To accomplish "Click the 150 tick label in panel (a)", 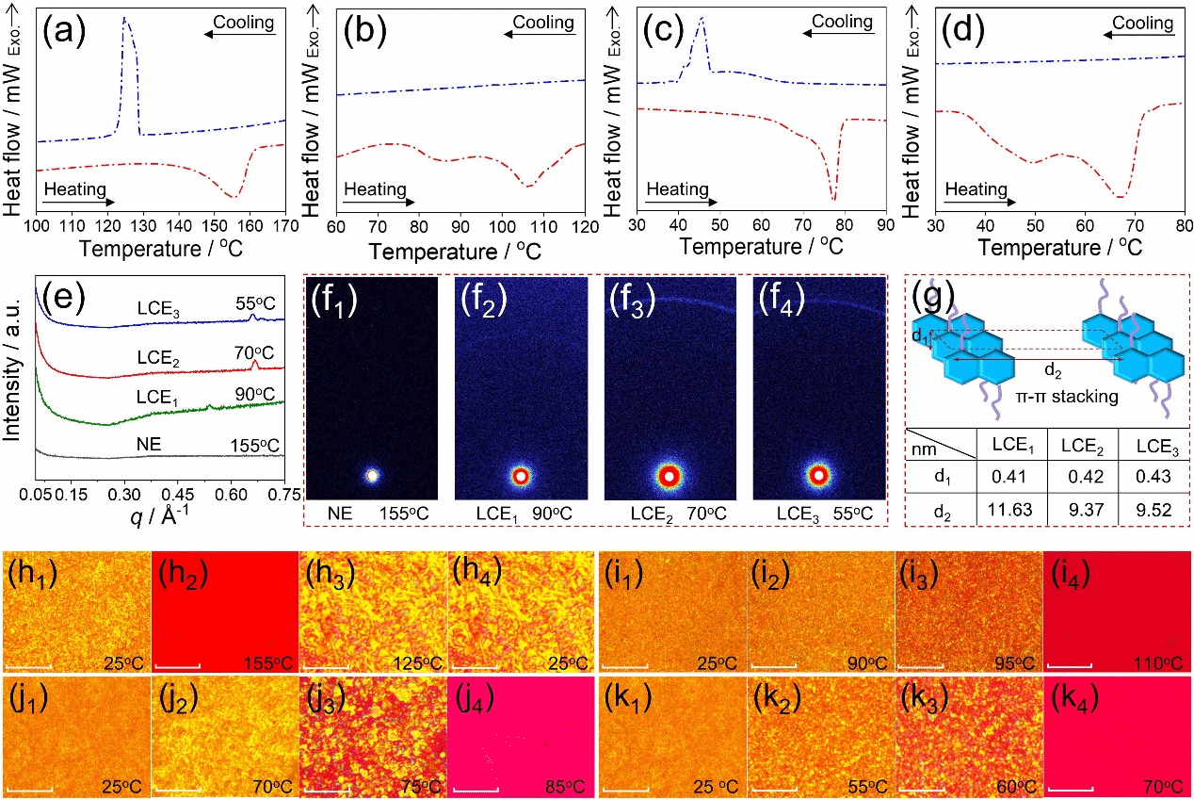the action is coord(215,226).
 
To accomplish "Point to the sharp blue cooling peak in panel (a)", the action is coord(124,18).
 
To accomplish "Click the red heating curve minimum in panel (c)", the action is coord(834,200).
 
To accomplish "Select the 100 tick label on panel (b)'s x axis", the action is coord(502,227).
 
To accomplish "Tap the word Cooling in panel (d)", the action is coord(1142,23).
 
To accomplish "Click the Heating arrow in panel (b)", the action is coord(379,203).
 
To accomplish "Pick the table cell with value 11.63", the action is coord(1010,510).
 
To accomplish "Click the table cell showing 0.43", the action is coord(1154,476).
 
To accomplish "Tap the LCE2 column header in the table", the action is coord(1082,446).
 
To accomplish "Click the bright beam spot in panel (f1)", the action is coord(372,476).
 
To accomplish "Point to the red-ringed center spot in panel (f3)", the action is coord(669,476).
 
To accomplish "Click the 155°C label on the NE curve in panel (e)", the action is coord(255,446).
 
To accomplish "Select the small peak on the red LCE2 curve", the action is coord(255,365).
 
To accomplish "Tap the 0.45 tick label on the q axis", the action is coord(178,495).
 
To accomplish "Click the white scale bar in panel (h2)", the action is coord(178,665).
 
